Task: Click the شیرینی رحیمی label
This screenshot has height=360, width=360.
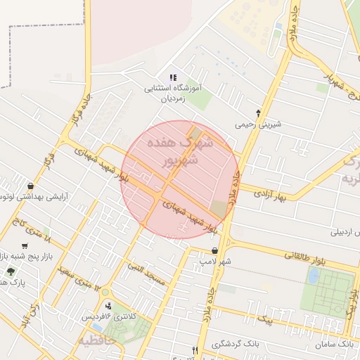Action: click(x=258, y=124)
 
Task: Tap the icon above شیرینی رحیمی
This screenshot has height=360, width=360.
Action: click(x=259, y=112)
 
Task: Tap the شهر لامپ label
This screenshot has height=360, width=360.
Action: click(x=215, y=262)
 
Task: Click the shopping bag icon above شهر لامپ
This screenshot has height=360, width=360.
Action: click(x=215, y=250)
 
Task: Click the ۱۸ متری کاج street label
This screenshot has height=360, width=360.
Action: click(x=30, y=228)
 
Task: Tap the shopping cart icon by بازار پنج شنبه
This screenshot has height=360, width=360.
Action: click(x=25, y=246)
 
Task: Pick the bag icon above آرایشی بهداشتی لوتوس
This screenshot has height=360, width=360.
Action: click(x=31, y=186)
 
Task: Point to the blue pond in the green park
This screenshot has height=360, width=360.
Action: click(x=313, y=276)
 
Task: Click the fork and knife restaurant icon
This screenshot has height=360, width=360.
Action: click(x=195, y=350)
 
